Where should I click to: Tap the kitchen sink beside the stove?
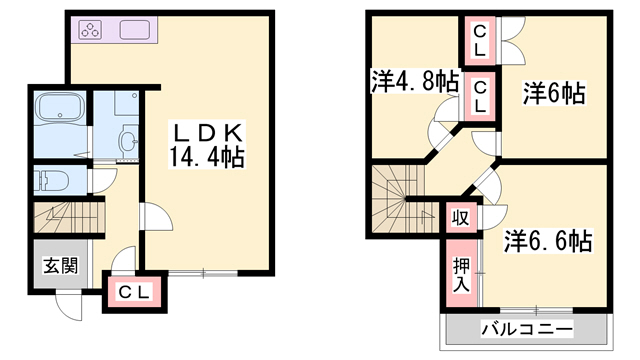click(x=135, y=29)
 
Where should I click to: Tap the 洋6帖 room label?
click(x=553, y=94)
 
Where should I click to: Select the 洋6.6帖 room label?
click(x=548, y=241)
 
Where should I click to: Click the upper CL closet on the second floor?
click(x=480, y=41)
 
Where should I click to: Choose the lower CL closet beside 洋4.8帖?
click(x=480, y=96)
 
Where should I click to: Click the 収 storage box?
click(x=461, y=216)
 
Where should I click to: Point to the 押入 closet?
click(x=461, y=272)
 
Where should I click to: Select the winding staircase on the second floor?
click(x=396, y=200)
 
